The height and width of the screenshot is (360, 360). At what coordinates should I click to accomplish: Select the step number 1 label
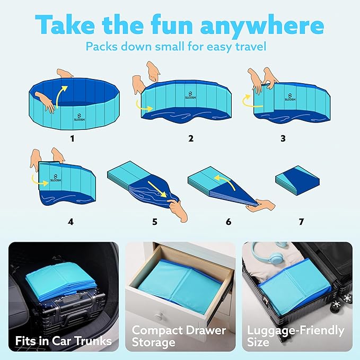[x=73, y=139]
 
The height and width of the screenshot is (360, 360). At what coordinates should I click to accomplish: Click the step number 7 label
[x=301, y=222]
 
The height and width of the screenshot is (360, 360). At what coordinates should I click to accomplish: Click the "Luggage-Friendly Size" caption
[x=295, y=336]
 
